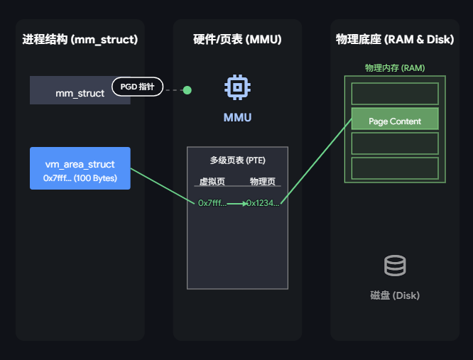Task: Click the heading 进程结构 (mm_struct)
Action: (80, 39)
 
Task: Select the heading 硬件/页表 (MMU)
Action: (237, 39)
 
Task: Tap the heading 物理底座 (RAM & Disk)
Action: (394, 39)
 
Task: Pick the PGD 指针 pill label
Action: (137, 87)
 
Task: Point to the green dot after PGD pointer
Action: (187, 90)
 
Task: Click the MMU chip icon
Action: (237, 87)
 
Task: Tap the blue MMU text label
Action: (237, 117)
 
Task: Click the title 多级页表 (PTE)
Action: (237, 160)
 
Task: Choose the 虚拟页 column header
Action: (212, 181)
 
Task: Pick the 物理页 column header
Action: (263, 181)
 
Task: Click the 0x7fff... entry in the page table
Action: (212, 203)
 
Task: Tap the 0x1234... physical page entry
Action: (263, 203)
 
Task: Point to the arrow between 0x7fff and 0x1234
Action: (236, 203)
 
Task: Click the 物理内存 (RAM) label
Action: (394, 68)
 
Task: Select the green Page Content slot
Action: (395, 121)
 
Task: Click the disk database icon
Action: (395, 266)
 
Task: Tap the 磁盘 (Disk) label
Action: (395, 295)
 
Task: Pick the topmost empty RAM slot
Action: (395, 94)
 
